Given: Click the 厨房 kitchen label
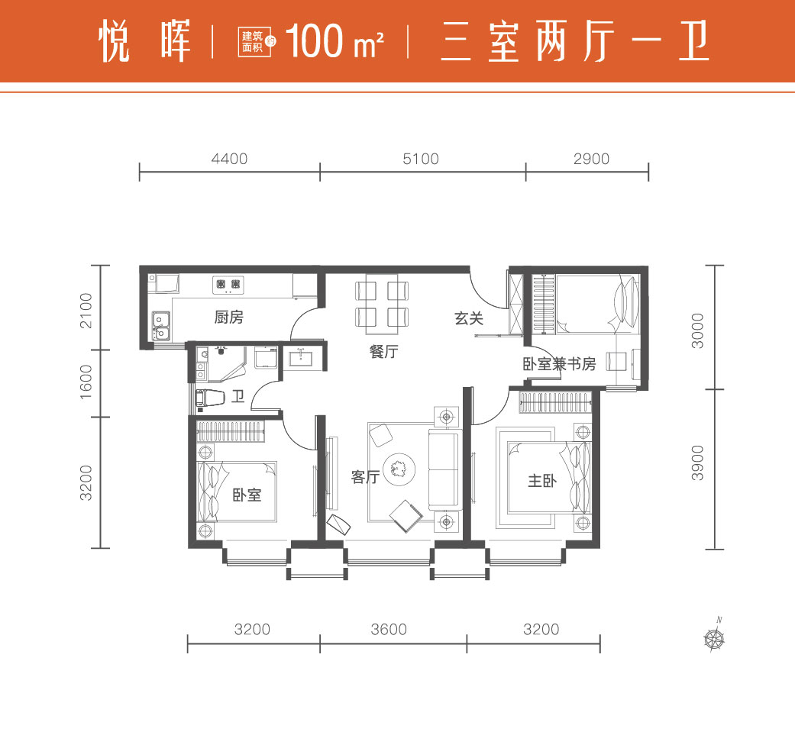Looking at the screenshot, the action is [x=228, y=318].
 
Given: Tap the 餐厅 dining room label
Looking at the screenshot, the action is [x=384, y=351].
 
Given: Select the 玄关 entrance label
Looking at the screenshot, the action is [x=469, y=318].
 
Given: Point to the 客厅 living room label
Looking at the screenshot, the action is [x=365, y=477].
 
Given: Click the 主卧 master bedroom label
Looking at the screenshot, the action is [x=542, y=480].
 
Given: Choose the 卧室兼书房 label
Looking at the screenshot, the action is [x=559, y=364].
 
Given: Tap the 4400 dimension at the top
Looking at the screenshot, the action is [x=229, y=159].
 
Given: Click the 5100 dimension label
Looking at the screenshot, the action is [x=421, y=159].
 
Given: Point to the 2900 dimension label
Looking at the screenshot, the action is [x=591, y=159].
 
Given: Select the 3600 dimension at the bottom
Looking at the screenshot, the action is [x=389, y=630].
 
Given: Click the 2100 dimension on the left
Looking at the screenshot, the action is [x=86, y=311].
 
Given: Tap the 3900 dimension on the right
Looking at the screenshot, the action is [x=698, y=463].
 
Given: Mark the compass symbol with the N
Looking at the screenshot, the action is [x=714, y=637].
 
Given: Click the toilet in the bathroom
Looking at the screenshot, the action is [x=211, y=398].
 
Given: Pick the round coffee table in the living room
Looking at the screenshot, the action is [x=399, y=469].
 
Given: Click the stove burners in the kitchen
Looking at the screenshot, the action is [x=228, y=284].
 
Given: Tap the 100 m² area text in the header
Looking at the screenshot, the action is [x=334, y=40].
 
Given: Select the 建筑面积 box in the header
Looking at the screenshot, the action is [x=254, y=41].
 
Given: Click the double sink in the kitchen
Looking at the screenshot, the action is [x=160, y=326].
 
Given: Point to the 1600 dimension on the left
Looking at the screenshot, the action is [x=86, y=382].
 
